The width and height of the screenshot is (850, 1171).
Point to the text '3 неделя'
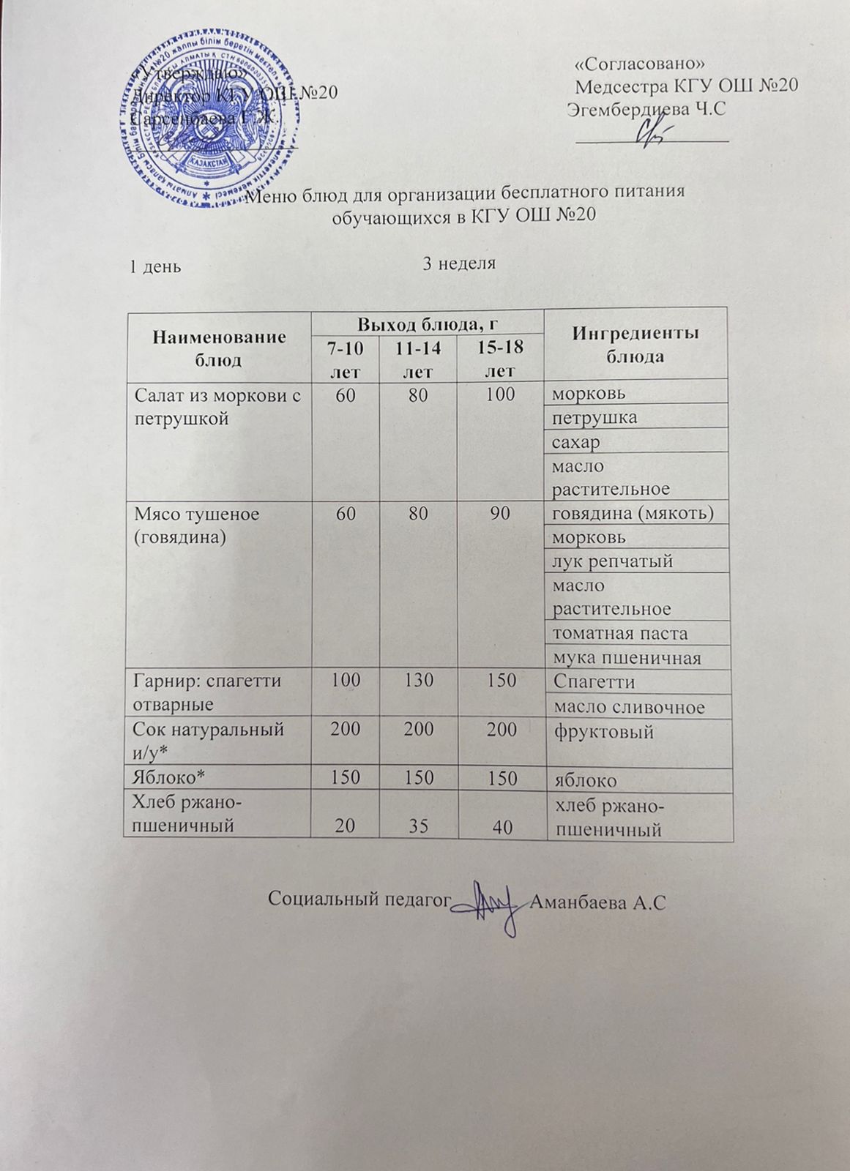pyautogui.click(x=459, y=263)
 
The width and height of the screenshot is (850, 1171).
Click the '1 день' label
pyautogui.click(x=155, y=266)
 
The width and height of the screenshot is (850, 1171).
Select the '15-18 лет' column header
pyautogui.click(x=499, y=359)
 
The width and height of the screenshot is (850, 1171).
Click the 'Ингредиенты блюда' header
pyautogui.click(x=635, y=344)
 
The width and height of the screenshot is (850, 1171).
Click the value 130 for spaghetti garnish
pyautogui.click(x=419, y=681)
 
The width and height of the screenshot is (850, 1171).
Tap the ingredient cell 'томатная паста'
pyautogui.click(x=619, y=633)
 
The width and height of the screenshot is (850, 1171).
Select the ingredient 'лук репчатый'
pyautogui.click(x=612, y=561)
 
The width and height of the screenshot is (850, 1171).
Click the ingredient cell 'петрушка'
pyautogui.click(x=594, y=417)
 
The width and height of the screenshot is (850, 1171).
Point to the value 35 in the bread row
pyautogui.click(x=418, y=826)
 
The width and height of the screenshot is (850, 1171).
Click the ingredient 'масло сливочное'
pyautogui.click(x=628, y=706)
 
